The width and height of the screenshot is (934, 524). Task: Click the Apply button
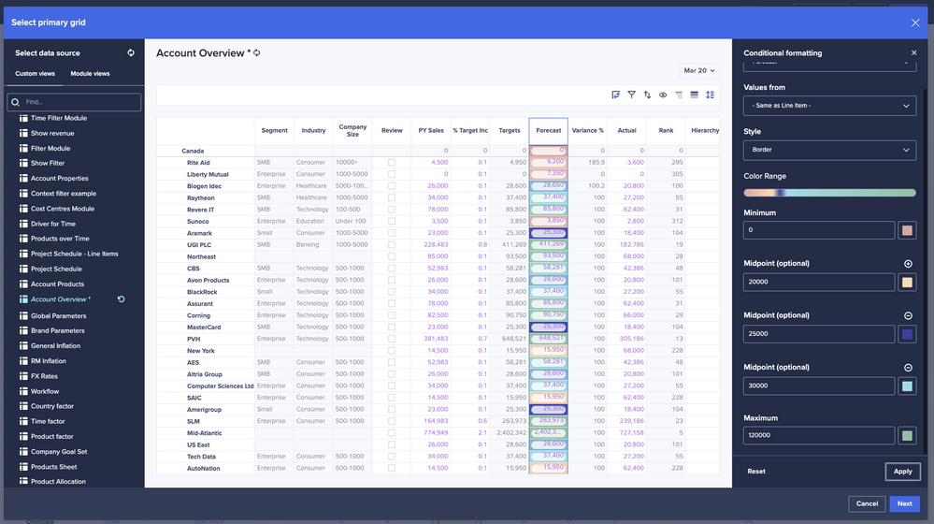902,472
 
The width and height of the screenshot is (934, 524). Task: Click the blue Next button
904,503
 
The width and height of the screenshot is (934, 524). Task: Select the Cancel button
866,503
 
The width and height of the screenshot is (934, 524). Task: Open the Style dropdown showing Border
829,150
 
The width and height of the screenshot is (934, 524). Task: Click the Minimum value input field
819,230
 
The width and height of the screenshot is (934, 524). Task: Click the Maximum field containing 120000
819,436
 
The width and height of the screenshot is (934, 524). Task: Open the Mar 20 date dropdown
698,70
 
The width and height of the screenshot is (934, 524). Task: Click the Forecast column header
548,131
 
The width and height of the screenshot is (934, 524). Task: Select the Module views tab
90,74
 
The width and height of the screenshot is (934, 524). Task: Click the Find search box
75,102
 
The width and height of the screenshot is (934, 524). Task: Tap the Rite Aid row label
198,163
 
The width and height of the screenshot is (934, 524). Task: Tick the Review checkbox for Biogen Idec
392,186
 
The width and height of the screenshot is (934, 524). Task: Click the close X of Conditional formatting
914,53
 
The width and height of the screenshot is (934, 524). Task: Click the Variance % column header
587,131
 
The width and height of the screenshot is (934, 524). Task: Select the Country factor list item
52,406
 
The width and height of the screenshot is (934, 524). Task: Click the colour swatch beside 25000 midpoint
907,334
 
